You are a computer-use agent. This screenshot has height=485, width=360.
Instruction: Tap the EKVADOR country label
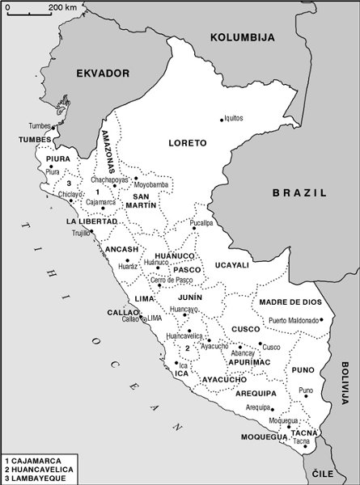click(x=103, y=73)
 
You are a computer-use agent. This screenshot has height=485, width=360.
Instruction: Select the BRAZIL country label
click(x=299, y=192)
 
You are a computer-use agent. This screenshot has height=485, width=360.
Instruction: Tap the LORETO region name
click(x=187, y=143)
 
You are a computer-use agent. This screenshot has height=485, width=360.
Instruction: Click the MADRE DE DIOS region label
click(x=290, y=302)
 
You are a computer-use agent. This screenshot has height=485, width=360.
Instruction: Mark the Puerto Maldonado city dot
click(x=321, y=319)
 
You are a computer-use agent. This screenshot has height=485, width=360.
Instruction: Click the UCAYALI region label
click(x=232, y=264)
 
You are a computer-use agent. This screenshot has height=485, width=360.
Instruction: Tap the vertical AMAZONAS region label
click(x=106, y=149)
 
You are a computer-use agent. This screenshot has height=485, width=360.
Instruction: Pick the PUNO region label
click(x=303, y=369)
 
